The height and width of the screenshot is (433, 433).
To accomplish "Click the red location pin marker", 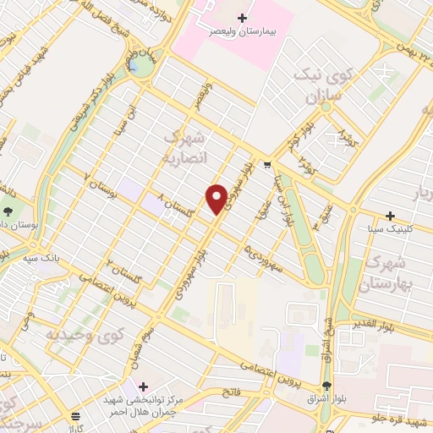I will tap(216, 200).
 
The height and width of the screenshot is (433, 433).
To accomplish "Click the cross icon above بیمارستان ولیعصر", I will tap(243, 18).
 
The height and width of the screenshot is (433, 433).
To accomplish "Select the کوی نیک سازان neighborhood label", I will tap(319, 85).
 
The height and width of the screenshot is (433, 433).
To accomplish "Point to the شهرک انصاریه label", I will tap(183, 150).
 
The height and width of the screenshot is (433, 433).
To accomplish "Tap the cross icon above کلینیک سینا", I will tap(390, 216).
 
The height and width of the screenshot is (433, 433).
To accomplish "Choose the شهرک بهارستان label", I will tap(390, 272).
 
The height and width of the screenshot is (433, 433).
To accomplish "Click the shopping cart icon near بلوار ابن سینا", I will tap(268, 165).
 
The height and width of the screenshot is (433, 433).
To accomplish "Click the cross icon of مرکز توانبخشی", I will tap(141, 386).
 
